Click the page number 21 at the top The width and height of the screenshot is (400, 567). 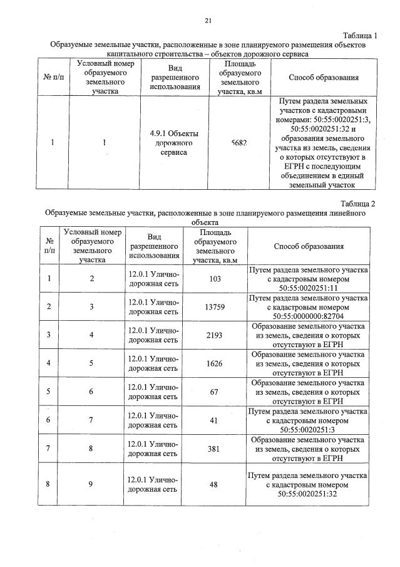[x=208, y=21]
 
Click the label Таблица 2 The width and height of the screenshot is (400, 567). [x=357, y=204]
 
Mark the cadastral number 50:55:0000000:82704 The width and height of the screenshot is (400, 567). [x=309, y=318]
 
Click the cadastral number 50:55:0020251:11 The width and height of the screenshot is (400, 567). [x=309, y=289]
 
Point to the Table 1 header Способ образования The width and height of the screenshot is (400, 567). [x=324, y=78]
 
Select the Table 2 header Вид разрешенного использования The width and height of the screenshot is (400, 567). [x=155, y=246]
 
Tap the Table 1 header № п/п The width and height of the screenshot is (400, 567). [x=52, y=78]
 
